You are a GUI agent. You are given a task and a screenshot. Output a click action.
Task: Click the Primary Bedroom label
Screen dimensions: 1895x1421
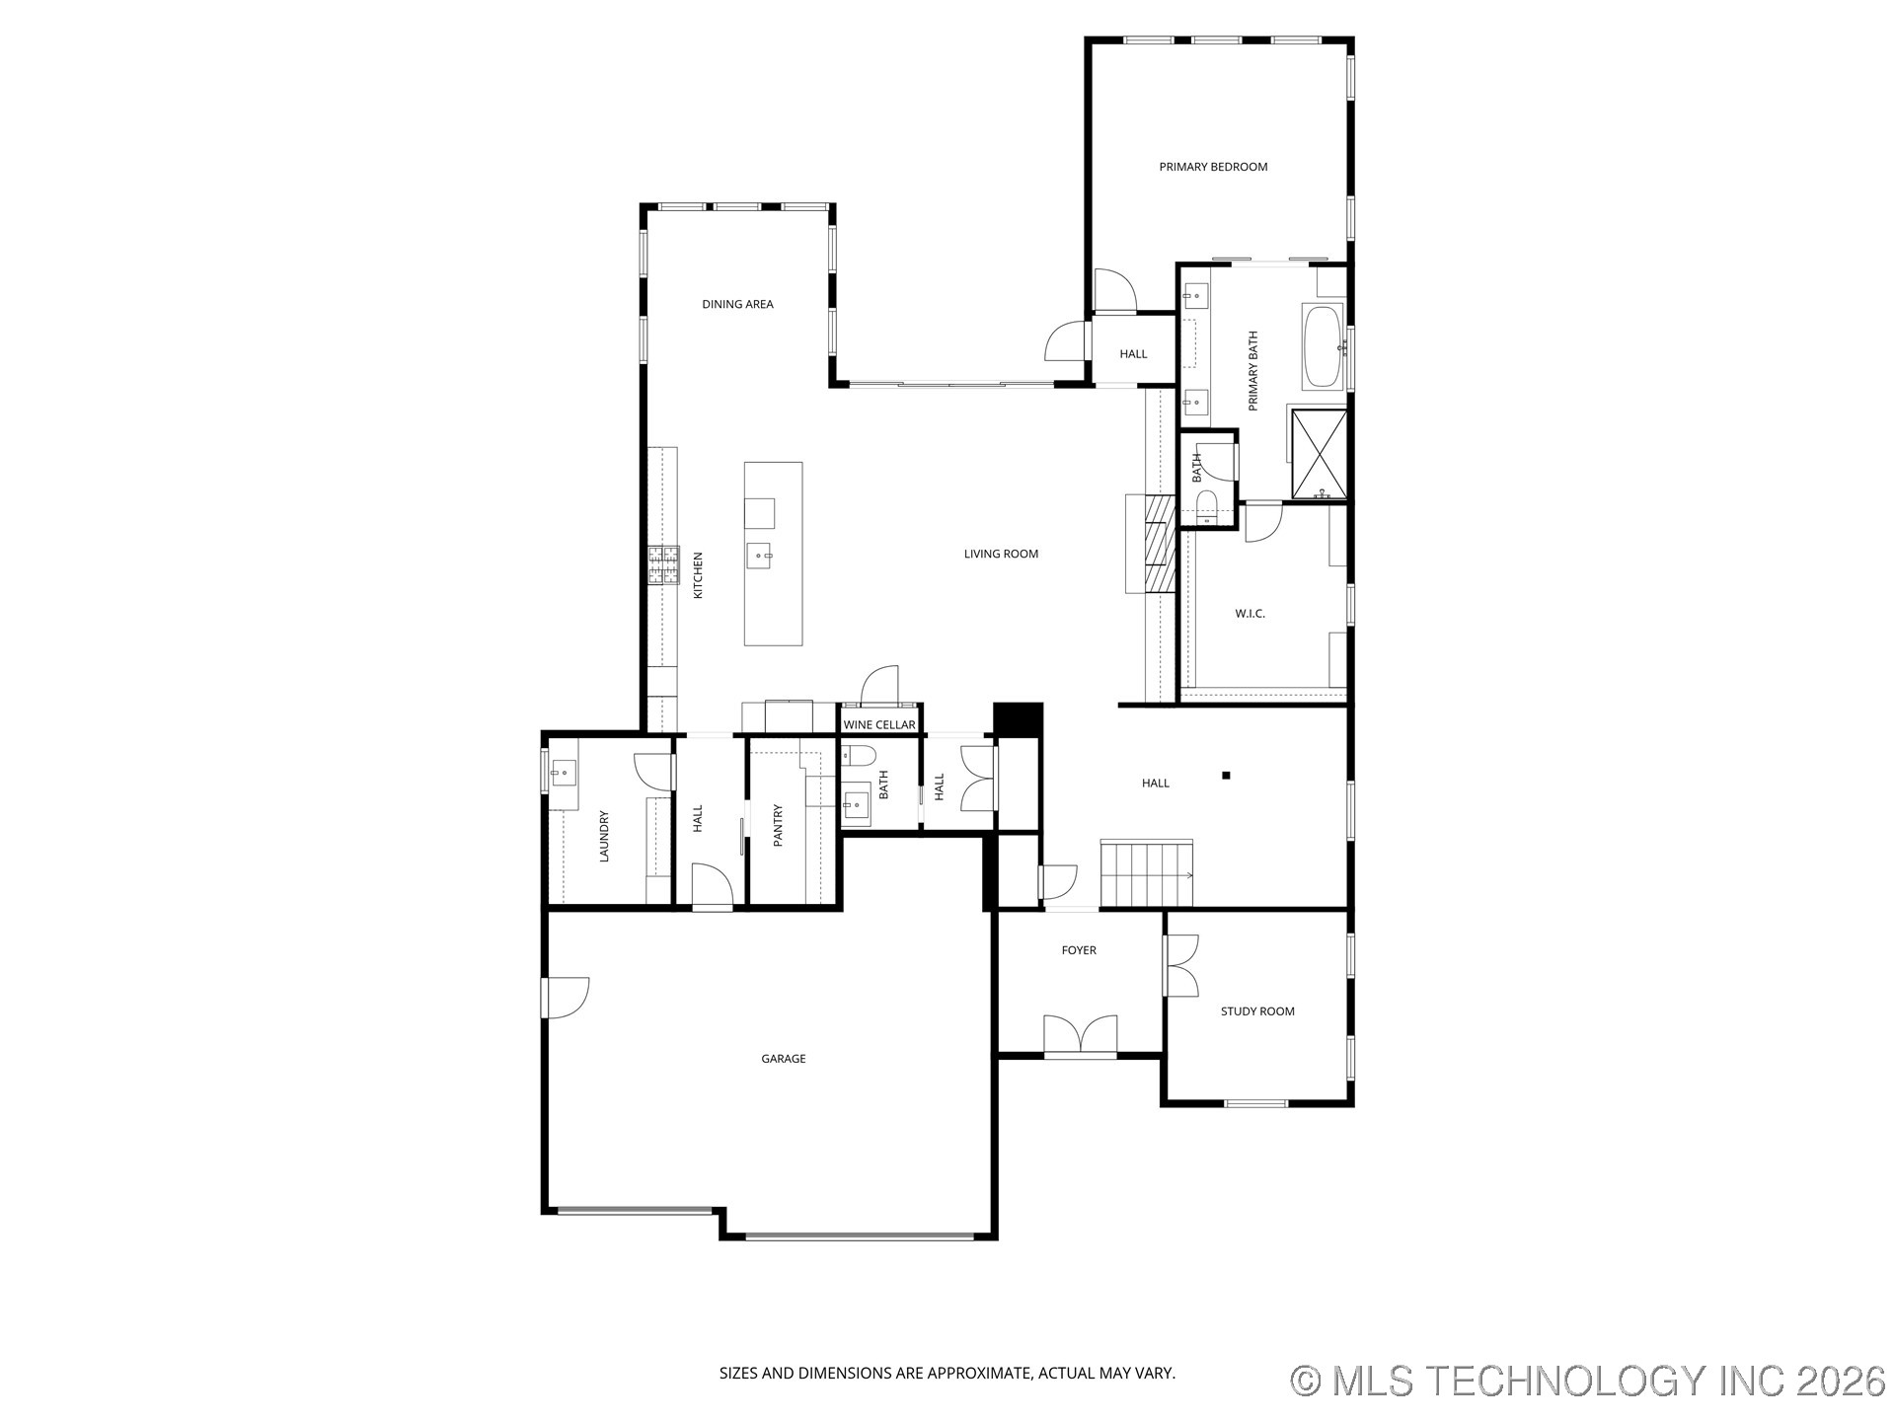1213,167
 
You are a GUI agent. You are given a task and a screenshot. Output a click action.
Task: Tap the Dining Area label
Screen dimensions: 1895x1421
737,304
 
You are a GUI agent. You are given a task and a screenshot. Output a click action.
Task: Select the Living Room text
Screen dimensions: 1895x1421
1001,554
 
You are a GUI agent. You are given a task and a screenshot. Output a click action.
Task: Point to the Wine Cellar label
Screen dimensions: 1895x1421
879,724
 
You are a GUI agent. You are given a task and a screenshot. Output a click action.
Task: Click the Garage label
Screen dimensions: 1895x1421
784,1059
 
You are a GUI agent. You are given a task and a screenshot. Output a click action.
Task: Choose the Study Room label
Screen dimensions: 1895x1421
1257,1011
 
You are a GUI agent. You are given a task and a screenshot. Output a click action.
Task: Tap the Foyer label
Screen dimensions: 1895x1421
1079,950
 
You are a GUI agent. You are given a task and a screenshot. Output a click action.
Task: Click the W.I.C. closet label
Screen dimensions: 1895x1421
1250,614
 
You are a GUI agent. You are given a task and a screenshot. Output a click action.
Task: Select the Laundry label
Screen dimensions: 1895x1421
604,837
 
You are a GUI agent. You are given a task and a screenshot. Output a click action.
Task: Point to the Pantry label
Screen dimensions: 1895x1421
778,825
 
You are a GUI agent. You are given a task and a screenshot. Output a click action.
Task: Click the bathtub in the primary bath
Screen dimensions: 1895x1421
1323,346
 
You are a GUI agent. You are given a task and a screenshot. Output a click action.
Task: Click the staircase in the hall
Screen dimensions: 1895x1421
1147,873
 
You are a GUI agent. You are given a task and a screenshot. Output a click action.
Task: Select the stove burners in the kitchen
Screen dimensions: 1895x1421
663,565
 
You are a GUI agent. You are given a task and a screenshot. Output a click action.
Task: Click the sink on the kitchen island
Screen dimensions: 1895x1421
761,557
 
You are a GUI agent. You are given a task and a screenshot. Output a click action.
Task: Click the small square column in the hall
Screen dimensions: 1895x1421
1227,776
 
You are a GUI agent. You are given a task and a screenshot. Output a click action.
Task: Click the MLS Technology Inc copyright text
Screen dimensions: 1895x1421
1588,1381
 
